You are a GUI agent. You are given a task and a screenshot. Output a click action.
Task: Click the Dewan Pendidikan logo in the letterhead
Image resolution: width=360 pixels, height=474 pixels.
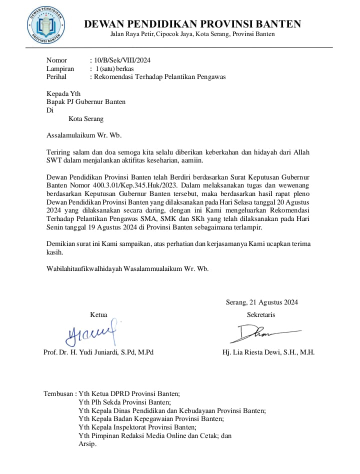pos(45,23)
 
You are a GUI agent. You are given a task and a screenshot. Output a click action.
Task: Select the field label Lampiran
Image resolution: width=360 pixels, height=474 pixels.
pos(60,68)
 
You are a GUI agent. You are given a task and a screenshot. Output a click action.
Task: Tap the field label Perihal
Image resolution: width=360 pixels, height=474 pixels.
pos(56,77)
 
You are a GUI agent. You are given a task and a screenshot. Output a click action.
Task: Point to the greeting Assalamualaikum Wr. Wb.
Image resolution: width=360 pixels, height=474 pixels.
pos(84,135)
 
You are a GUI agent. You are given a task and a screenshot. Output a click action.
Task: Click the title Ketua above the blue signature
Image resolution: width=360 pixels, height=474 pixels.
pos(98,314)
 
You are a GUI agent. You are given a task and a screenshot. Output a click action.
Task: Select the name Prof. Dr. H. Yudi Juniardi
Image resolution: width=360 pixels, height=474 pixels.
pos(98,352)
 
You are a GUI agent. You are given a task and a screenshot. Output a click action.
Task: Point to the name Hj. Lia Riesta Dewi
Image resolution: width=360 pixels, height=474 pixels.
pos(268,352)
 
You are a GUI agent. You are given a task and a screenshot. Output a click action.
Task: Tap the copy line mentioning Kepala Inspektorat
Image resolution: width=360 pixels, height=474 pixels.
pos(137,427)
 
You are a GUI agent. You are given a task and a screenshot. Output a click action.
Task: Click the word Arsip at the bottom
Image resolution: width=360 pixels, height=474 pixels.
pos(87,444)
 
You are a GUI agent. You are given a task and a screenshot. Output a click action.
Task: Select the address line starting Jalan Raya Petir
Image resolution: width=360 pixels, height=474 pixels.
pos(192,34)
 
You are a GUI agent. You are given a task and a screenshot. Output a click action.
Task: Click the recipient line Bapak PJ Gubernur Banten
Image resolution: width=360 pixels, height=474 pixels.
pos(86,102)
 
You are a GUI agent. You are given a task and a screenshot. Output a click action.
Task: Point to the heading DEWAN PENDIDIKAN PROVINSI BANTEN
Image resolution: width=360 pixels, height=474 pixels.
pos(192,23)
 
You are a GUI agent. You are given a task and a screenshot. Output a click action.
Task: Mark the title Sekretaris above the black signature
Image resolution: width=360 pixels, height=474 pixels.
pos(261,314)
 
